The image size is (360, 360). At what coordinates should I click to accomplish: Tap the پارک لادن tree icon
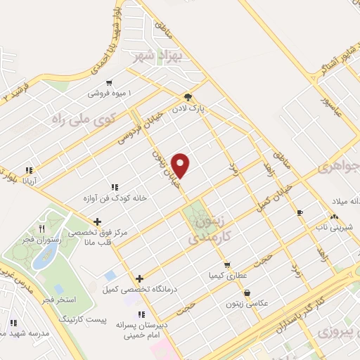(x=188, y=98)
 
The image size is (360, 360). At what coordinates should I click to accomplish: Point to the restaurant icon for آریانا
(x=29, y=170)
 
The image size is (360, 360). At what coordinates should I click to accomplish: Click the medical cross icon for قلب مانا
(x=97, y=221)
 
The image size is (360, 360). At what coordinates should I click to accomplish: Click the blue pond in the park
(x=44, y=259)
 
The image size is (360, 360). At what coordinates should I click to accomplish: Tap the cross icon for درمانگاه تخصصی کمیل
(x=139, y=278)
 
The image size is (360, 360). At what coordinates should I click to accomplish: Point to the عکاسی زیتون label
(x=246, y=303)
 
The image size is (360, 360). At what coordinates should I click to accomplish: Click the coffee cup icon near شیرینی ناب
(x=300, y=212)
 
